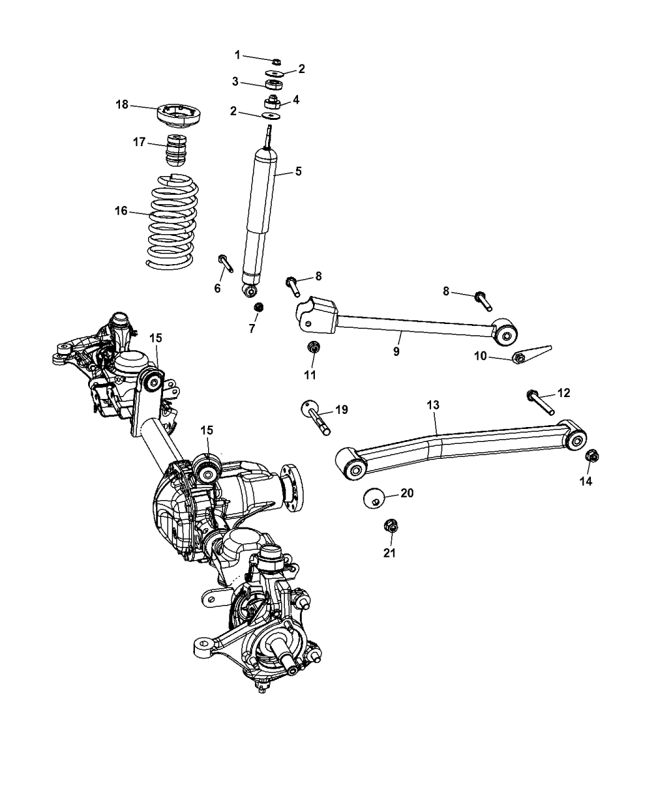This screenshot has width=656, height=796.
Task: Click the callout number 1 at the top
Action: (x=237, y=55)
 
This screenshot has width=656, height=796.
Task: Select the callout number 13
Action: (x=434, y=405)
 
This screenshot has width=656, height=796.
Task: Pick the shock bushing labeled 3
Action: (x=272, y=86)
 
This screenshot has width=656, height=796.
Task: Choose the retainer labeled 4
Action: (x=272, y=101)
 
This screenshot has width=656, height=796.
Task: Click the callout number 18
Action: (x=121, y=105)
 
